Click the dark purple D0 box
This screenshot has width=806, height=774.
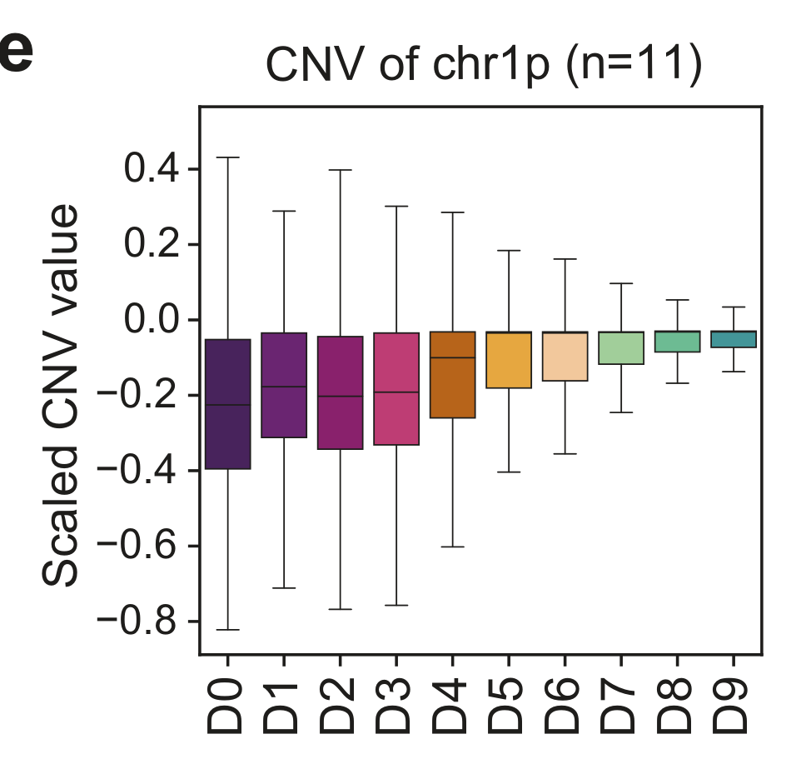pyautogui.click(x=228, y=404)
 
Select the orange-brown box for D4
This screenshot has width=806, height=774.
pyautogui.click(x=452, y=375)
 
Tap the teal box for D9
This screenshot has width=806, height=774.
pyautogui.click(x=734, y=339)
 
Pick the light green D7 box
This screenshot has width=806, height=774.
pyautogui.click(x=621, y=348)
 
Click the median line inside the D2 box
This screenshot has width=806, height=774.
pyautogui.click(x=340, y=396)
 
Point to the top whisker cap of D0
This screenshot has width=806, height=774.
pyautogui.click(x=228, y=157)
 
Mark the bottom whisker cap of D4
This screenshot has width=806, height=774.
pyautogui.click(x=452, y=547)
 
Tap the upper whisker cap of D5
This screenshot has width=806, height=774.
pyautogui.click(x=509, y=250)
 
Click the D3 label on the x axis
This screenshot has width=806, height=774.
pyautogui.click(x=396, y=707)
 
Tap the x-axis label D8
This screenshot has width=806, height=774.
pyautogui.click(x=677, y=707)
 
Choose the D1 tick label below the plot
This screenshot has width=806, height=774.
pyautogui.click(x=284, y=707)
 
